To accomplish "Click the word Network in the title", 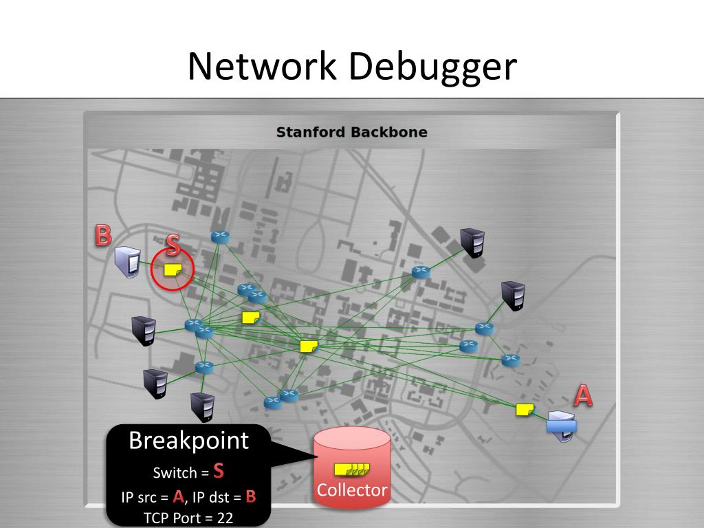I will pyautogui.click(x=263, y=67).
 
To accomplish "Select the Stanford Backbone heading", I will pyautogui.click(x=351, y=132).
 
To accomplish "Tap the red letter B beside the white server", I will pyautogui.click(x=103, y=235).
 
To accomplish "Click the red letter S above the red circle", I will pyautogui.click(x=173, y=245).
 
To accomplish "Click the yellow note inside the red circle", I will pyautogui.click(x=173, y=270).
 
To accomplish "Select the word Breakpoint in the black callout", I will pyautogui.click(x=189, y=440).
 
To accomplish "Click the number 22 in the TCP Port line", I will pyautogui.click(x=225, y=518).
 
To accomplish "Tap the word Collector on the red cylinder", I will pyautogui.click(x=352, y=490).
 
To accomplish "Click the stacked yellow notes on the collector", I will pyautogui.click(x=351, y=470).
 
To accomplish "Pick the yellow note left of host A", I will pyautogui.click(x=525, y=410).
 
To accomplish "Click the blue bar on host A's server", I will pyautogui.click(x=562, y=426).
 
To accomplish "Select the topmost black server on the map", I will pyautogui.click(x=472, y=241).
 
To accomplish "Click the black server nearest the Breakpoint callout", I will pyautogui.click(x=203, y=406).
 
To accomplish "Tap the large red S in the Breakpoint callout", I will pyautogui.click(x=219, y=471).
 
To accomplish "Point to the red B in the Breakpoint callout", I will pyautogui.click(x=250, y=496).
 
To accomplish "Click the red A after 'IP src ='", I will pyautogui.click(x=179, y=496).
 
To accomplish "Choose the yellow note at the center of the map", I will pyautogui.click(x=309, y=346).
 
